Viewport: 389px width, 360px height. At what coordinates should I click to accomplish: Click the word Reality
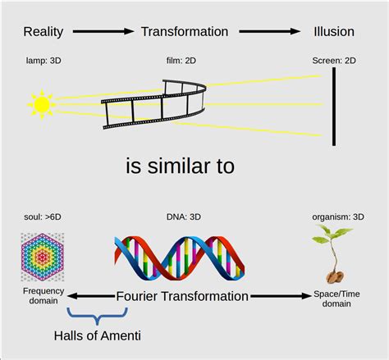pos(43,32)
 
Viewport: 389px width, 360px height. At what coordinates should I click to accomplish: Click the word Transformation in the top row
pos(185,32)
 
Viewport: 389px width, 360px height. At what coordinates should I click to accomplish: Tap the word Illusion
pos(333,32)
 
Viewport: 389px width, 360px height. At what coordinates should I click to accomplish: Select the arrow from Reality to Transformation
pos(103,32)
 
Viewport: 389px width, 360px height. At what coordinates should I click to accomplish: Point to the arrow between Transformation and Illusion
pos(269,32)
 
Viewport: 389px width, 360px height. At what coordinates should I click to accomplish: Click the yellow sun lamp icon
pos(41,104)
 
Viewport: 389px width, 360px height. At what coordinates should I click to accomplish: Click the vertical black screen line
pos(334,107)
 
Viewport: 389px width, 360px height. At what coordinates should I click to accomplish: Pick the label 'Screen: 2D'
pos(333,62)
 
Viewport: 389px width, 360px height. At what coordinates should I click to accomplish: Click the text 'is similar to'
pos(180,166)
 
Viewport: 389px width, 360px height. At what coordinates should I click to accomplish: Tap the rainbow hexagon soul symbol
pos(40,256)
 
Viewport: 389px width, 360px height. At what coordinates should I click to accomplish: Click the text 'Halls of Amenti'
pos(97,335)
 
